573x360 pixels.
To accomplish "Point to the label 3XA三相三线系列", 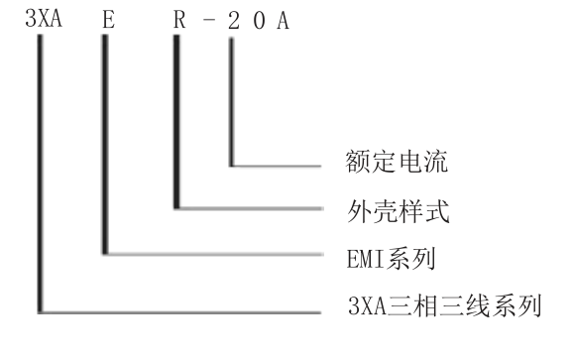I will pyautogui.click(x=443, y=301).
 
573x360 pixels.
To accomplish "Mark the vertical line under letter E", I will pyautogui.click(x=102, y=149).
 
